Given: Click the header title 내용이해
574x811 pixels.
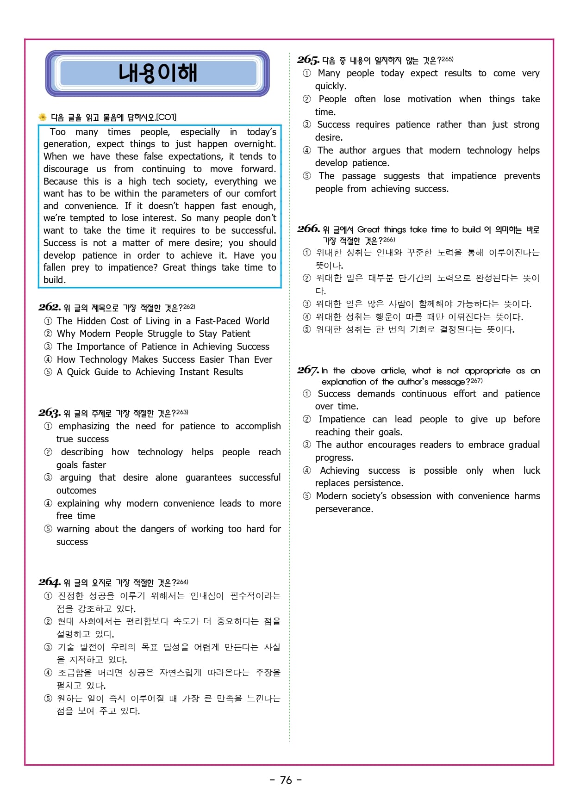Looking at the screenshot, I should click(x=157, y=73).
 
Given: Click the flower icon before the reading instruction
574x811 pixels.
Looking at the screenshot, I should click(x=42, y=118).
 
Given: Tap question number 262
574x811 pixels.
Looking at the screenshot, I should click(x=49, y=307).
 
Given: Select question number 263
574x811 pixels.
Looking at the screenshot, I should click(x=49, y=413).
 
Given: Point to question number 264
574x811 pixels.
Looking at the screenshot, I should click(x=49, y=582).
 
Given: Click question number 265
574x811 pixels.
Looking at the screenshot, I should click(x=308, y=60).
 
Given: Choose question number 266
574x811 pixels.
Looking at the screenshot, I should click(x=308, y=229).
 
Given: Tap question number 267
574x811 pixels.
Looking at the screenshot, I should click(x=308, y=370).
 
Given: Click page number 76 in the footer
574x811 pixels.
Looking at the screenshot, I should click(x=286, y=780).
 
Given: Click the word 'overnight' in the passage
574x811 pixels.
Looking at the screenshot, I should click(x=254, y=144).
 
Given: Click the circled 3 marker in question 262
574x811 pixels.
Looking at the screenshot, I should click(x=48, y=347).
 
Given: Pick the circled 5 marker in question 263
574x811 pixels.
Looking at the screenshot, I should click(x=48, y=529).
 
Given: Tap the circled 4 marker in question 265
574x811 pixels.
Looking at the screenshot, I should click(x=307, y=150).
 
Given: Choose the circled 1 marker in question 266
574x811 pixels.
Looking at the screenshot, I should click(x=307, y=253).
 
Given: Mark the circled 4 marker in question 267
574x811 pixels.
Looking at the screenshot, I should click(x=307, y=471).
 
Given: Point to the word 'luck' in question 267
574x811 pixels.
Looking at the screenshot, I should click(x=531, y=471).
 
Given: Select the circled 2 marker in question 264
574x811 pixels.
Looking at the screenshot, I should click(x=48, y=621).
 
